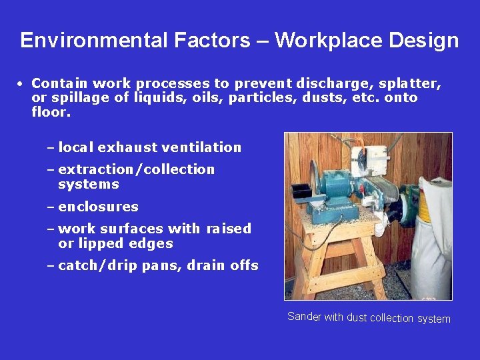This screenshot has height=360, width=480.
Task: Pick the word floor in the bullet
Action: tap(50, 112)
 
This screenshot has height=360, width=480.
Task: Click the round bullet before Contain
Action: tap(21, 85)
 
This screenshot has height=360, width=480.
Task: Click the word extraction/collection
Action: tap(137, 169)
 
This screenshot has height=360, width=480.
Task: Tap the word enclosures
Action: tap(99, 207)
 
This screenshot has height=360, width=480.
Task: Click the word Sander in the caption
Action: tap(304, 317)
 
